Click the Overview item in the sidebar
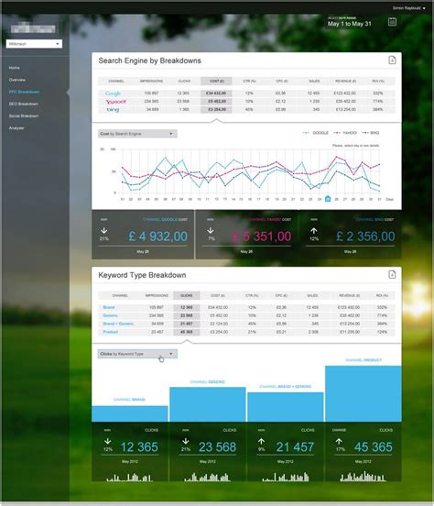(x=17, y=81)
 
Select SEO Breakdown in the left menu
(x=24, y=104)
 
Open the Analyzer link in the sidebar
(x=16, y=127)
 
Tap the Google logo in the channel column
(x=114, y=93)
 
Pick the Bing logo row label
(x=113, y=110)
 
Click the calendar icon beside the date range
(x=392, y=22)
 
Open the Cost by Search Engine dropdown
(x=137, y=134)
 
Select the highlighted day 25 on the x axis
(x=327, y=198)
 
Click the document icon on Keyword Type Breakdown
(x=391, y=276)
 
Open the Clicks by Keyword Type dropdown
(x=137, y=353)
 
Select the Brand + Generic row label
(x=118, y=324)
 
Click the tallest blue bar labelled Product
(x=363, y=394)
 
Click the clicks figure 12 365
(x=137, y=447)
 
